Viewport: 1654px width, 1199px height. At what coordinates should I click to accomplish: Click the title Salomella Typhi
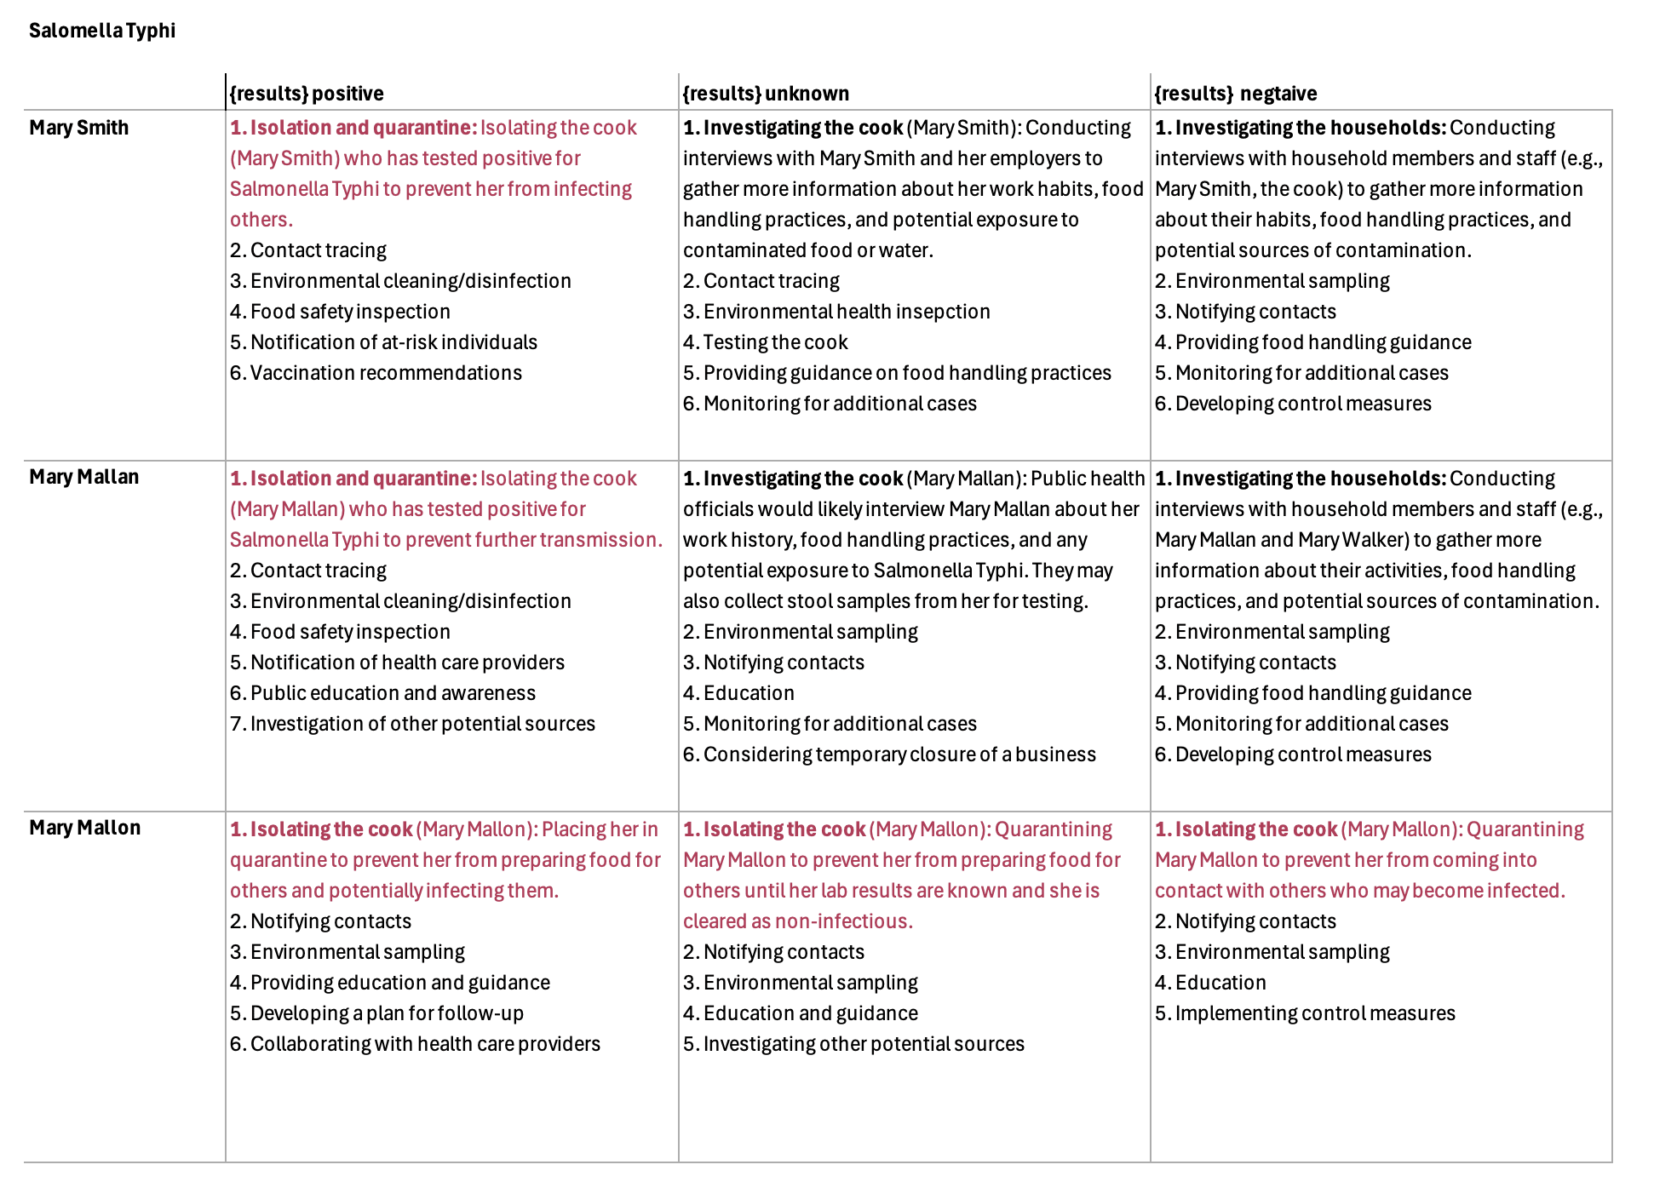tap(102, 31)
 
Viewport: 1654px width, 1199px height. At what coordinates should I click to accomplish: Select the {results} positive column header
tap(307, 93)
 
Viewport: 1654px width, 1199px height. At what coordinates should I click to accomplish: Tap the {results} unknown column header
tap(766, 93)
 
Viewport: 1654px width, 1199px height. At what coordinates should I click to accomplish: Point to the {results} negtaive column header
tap(1235, 93)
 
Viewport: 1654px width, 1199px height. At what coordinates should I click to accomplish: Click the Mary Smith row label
tap(79, 128)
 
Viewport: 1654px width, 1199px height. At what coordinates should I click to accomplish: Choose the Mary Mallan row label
tap(84, 477)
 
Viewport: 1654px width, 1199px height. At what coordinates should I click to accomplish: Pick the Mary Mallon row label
tap(85, 828)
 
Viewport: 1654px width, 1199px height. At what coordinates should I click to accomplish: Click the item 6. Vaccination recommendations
tap(376, 373)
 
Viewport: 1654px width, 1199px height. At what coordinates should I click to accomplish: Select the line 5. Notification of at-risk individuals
tap(383, 342)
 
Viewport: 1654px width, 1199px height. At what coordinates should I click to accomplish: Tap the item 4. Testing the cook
tap(765, 342)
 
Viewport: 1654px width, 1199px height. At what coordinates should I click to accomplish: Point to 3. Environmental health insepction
tap(836, 312)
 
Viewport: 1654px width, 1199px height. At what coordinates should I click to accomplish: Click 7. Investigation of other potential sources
tap(412, 724)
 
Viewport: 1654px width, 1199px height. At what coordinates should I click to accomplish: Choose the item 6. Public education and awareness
tap(382, 693)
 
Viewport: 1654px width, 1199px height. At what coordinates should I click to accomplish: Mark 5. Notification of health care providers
tap(397, 663)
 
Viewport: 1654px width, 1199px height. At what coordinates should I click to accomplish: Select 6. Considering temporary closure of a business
tap(889, 754)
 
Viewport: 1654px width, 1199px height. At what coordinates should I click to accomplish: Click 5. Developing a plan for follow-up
tap(376, 1013)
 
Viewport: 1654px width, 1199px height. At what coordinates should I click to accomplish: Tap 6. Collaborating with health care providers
tap(415, 1044)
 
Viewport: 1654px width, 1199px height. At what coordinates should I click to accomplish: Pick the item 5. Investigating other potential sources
tap(853, 1044)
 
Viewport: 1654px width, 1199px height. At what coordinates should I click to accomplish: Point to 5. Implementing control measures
tap(1305, 1013)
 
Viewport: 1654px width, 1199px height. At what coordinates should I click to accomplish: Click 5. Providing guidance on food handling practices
tap(897, 373)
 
